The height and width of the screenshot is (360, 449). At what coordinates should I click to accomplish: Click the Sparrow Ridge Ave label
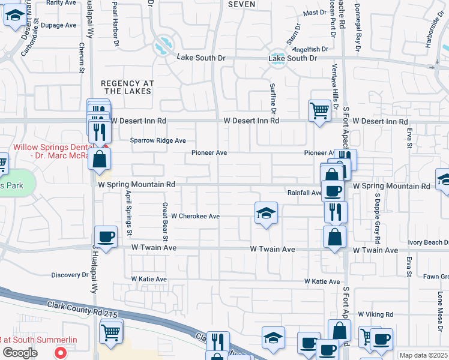[x=158, y=140]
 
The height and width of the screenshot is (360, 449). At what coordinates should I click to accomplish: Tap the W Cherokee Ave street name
[x=196, y=216]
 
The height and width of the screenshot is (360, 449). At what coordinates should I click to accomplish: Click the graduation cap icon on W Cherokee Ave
[x=266, y=213]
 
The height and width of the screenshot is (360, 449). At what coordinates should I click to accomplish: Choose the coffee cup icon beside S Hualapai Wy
[x=106, y=236]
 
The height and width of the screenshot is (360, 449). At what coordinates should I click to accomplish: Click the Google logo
[x=20, y=353]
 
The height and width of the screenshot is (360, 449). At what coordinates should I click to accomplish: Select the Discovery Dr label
[x=70, y=275]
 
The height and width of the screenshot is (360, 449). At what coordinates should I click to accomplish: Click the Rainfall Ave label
[x=304, y=193]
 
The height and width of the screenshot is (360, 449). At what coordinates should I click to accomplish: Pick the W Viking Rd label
[x=375, y=314]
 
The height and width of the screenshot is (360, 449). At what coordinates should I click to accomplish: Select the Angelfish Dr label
[x=312, y=49]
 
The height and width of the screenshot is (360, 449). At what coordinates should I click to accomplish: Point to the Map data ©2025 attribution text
[x=423, y=355]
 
